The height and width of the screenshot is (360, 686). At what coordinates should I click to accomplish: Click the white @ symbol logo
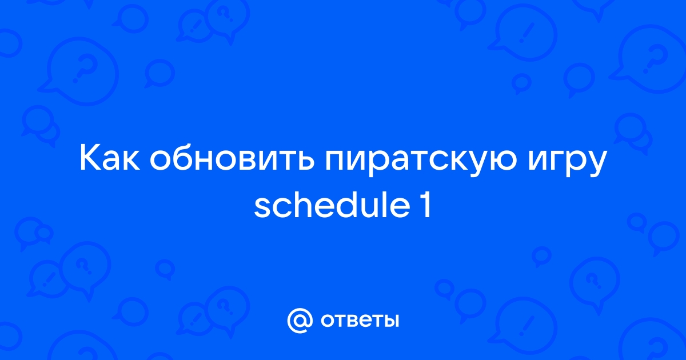(300, 321)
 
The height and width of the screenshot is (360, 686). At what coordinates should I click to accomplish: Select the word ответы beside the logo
(360, 321)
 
